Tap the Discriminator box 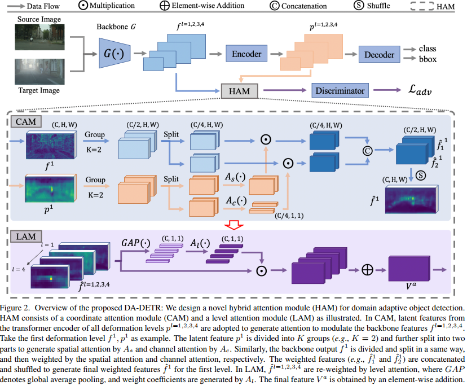pos(340,90)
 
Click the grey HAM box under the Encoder pos(239,90)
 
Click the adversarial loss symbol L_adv pos(415,90)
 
